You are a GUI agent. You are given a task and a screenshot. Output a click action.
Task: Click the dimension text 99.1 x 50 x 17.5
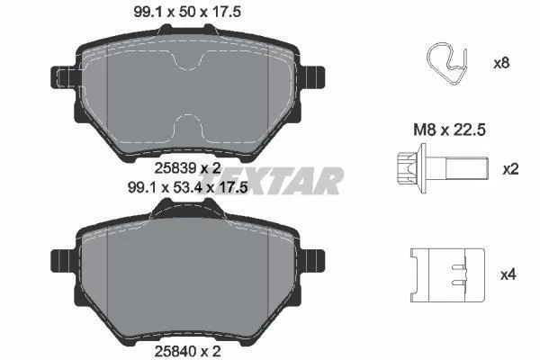pos(187,12)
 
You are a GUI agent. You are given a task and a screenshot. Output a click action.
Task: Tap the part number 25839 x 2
pos(187,168)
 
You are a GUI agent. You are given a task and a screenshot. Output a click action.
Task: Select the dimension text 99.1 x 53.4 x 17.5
pos(188,188)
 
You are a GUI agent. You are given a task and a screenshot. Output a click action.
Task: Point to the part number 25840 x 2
pos(187,351)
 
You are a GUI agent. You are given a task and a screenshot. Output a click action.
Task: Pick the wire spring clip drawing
pos(447,64)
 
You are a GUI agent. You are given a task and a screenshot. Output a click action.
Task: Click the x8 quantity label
pos(501,63)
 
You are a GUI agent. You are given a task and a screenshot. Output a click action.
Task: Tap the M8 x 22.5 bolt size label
pos(449,130)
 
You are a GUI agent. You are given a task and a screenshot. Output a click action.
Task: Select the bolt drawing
pos(443,168)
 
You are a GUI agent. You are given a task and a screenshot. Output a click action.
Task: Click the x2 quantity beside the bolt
pos(510,169)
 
